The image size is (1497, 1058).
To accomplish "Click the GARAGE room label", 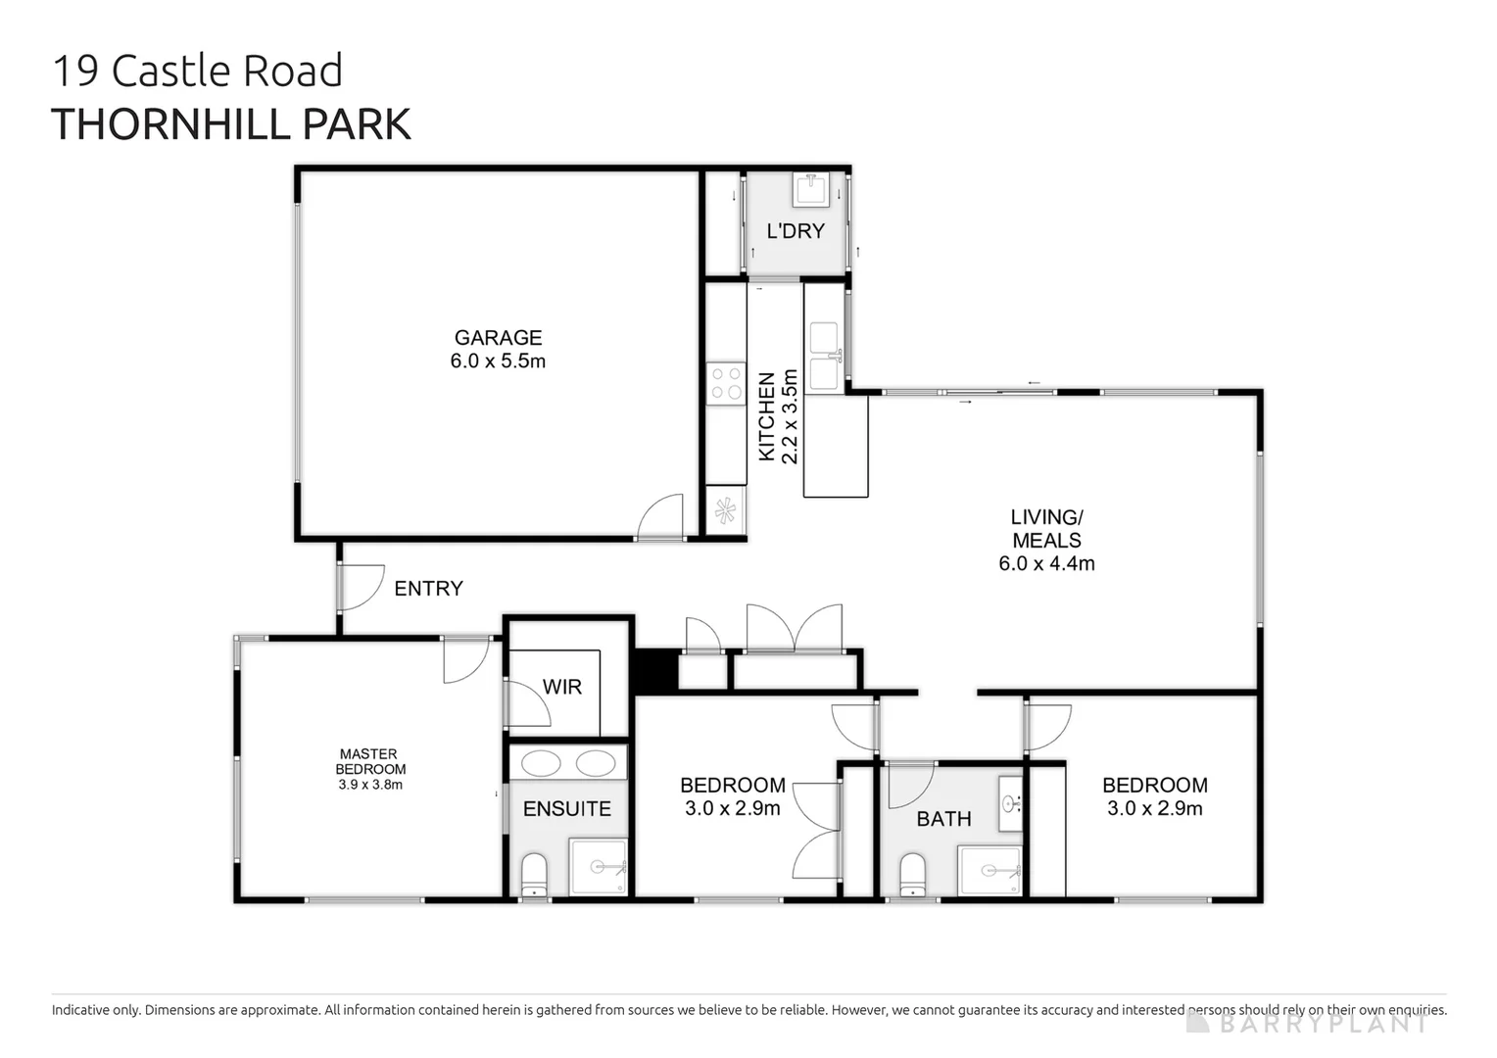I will point(498,338).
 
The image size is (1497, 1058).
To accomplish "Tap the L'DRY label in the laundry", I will point(796,231).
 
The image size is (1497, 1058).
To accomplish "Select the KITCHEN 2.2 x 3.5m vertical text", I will point(779,415).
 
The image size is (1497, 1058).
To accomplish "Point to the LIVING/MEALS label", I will point(1046,529).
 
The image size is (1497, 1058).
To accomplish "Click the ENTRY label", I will point(428,589).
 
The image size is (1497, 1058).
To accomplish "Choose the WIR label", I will point(562,687).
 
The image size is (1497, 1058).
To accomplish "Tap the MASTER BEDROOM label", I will point(369,761).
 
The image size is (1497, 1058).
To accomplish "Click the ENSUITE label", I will point(566,809).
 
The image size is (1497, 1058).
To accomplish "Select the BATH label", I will point(943,819).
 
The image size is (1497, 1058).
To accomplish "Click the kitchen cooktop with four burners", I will point(726,383).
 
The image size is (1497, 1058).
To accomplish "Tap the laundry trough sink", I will point(811,189).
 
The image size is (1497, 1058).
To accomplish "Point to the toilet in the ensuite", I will point(534,874).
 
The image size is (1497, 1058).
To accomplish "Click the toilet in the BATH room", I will point(912,874).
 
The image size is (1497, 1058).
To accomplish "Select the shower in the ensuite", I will point(599,866).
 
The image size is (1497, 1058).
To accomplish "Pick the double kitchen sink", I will point(825,357).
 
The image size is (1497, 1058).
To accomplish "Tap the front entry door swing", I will point(360,587).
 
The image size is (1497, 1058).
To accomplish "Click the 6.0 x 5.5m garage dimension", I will point(498,361).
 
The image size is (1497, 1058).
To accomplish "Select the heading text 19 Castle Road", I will point(197,72).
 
